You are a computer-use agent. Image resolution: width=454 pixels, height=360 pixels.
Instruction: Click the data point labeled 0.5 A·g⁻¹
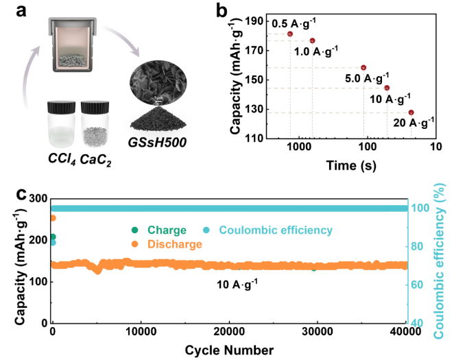pyautogui.click(x=290, y=34)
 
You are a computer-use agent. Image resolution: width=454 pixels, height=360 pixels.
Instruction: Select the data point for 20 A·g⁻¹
pyautogui.click(x=411, y=112)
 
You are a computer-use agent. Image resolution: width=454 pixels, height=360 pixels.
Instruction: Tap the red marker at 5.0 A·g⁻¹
pyautogui.click(x=363, y=67)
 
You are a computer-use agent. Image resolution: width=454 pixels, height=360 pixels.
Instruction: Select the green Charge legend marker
pyautogui.click(x=134, y=230)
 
